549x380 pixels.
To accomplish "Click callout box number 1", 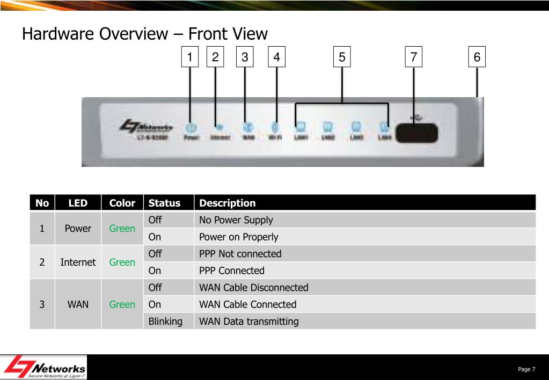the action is [189, 57].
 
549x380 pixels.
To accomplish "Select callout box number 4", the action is [276, 57].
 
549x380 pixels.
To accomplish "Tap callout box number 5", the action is [342, 57].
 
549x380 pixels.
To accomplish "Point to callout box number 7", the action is [413, 57].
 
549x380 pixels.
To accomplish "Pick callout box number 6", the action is [477, 57].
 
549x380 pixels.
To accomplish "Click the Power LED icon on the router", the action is [191, 127].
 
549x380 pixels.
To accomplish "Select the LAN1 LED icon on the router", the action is [301, 127].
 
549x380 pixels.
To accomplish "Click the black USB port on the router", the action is [416, 133].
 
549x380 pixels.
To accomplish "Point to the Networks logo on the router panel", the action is [147, 128].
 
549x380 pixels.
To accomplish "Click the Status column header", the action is [164, 203].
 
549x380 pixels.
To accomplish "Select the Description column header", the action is [228, 203].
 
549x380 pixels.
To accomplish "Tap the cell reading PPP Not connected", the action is [240, 254].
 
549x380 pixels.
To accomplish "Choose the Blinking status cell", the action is [165, 321].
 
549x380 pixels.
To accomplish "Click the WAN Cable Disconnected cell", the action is [253, 288].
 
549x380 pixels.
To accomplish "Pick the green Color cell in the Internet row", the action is [122, 262].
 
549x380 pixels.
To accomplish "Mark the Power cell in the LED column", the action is [78, 229].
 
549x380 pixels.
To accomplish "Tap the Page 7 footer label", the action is [526, 369].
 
